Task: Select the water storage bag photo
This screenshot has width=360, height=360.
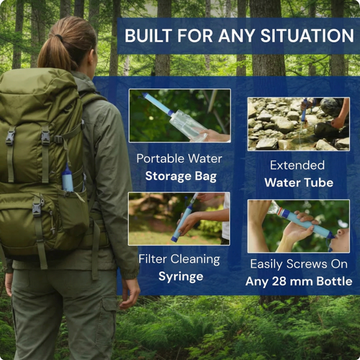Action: click(179, 115)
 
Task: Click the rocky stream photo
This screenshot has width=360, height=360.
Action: click(298, 124)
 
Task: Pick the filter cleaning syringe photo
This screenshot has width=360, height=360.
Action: click(179, 218)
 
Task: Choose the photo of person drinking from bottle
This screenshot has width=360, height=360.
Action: click(298, 225)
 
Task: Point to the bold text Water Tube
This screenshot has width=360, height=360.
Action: click(298, 183)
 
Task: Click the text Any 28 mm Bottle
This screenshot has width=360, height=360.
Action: click(297, 282)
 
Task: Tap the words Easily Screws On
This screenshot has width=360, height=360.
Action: click(298, 264)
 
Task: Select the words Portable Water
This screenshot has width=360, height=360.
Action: click(179, 158)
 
